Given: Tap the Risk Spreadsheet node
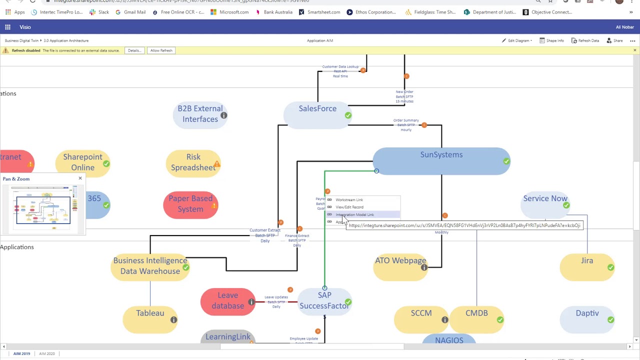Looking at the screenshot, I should tap(193, 162).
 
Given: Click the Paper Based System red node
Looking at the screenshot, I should tap(190, 204).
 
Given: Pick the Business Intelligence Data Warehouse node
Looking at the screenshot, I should tap(150, 266).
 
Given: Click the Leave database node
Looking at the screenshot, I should tap(227, 301).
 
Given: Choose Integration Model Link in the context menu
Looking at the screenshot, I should tap(354, 214).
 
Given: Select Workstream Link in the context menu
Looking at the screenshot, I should tap(349, 200).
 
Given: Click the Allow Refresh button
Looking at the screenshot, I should tap(161, 50).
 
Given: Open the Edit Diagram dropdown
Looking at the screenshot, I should tap(517, 40).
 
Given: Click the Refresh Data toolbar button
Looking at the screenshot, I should tap(585, 40).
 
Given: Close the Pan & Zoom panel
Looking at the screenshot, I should tap(80, 178).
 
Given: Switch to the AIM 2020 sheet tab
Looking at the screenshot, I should tap(47, 353).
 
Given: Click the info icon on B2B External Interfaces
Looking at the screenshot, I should tap(223, 115).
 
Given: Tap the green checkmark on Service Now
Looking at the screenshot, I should tap(566, 205).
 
